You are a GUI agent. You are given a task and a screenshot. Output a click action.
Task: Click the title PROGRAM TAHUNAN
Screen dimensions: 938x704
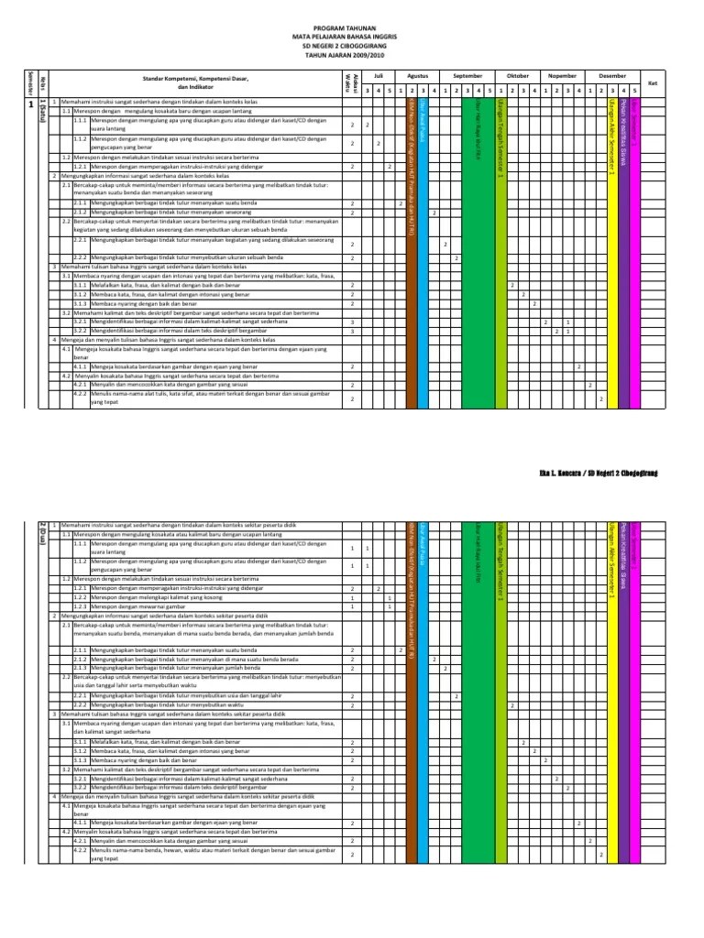352,28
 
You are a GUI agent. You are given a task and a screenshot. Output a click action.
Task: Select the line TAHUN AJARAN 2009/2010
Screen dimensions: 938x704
352,54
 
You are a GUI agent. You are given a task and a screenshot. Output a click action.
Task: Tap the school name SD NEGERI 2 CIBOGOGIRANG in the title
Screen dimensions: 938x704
352,46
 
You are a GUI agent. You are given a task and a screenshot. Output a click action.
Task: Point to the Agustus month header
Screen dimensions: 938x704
417,76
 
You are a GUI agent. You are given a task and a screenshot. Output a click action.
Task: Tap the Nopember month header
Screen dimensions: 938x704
561,76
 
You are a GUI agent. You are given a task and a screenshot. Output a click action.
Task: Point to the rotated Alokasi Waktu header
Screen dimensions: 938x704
348,81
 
